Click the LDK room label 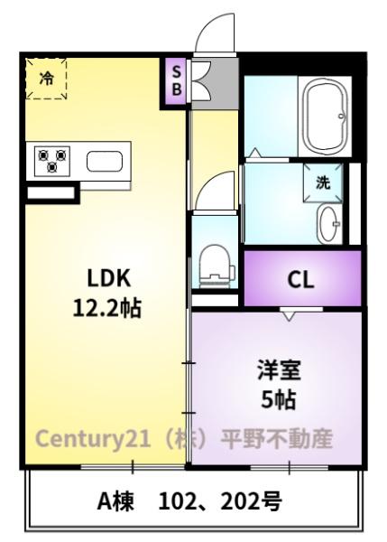(109, 278)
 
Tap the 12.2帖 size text (107, 308)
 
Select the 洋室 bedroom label (279, 370)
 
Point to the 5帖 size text (279, 399)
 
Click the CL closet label (300, 280)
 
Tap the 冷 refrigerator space (46, 79)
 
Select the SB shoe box (176, 81)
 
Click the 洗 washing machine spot (323, 182)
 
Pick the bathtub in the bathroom (325, 117)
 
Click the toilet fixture (217, 266)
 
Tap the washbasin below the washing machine (329, 224)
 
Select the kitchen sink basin (105, 162)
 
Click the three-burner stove (52, 161)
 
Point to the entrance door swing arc (210, 26)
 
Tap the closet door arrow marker (289, 316)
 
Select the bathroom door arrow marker (255, 153)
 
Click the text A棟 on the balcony (115, 501)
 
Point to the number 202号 (251, 501)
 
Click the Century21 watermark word (93, 439)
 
